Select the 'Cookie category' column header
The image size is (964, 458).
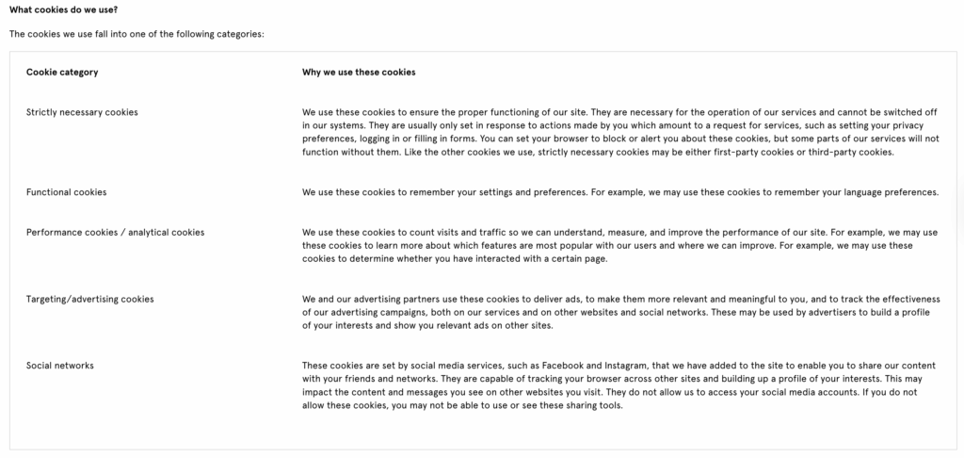[x=62, y=72]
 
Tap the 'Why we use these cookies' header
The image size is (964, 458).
[x=359, y=72]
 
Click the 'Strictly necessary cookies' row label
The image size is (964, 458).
[x=82, y=112]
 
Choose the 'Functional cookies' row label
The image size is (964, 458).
[x=66, y=192]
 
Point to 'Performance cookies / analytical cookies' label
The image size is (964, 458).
[x=115, y=232]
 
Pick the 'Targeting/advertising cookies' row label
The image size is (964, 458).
[x=89, y=299]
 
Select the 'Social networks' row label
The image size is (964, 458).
[x=60, y=366]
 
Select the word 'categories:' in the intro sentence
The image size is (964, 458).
[x=240, y=35]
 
